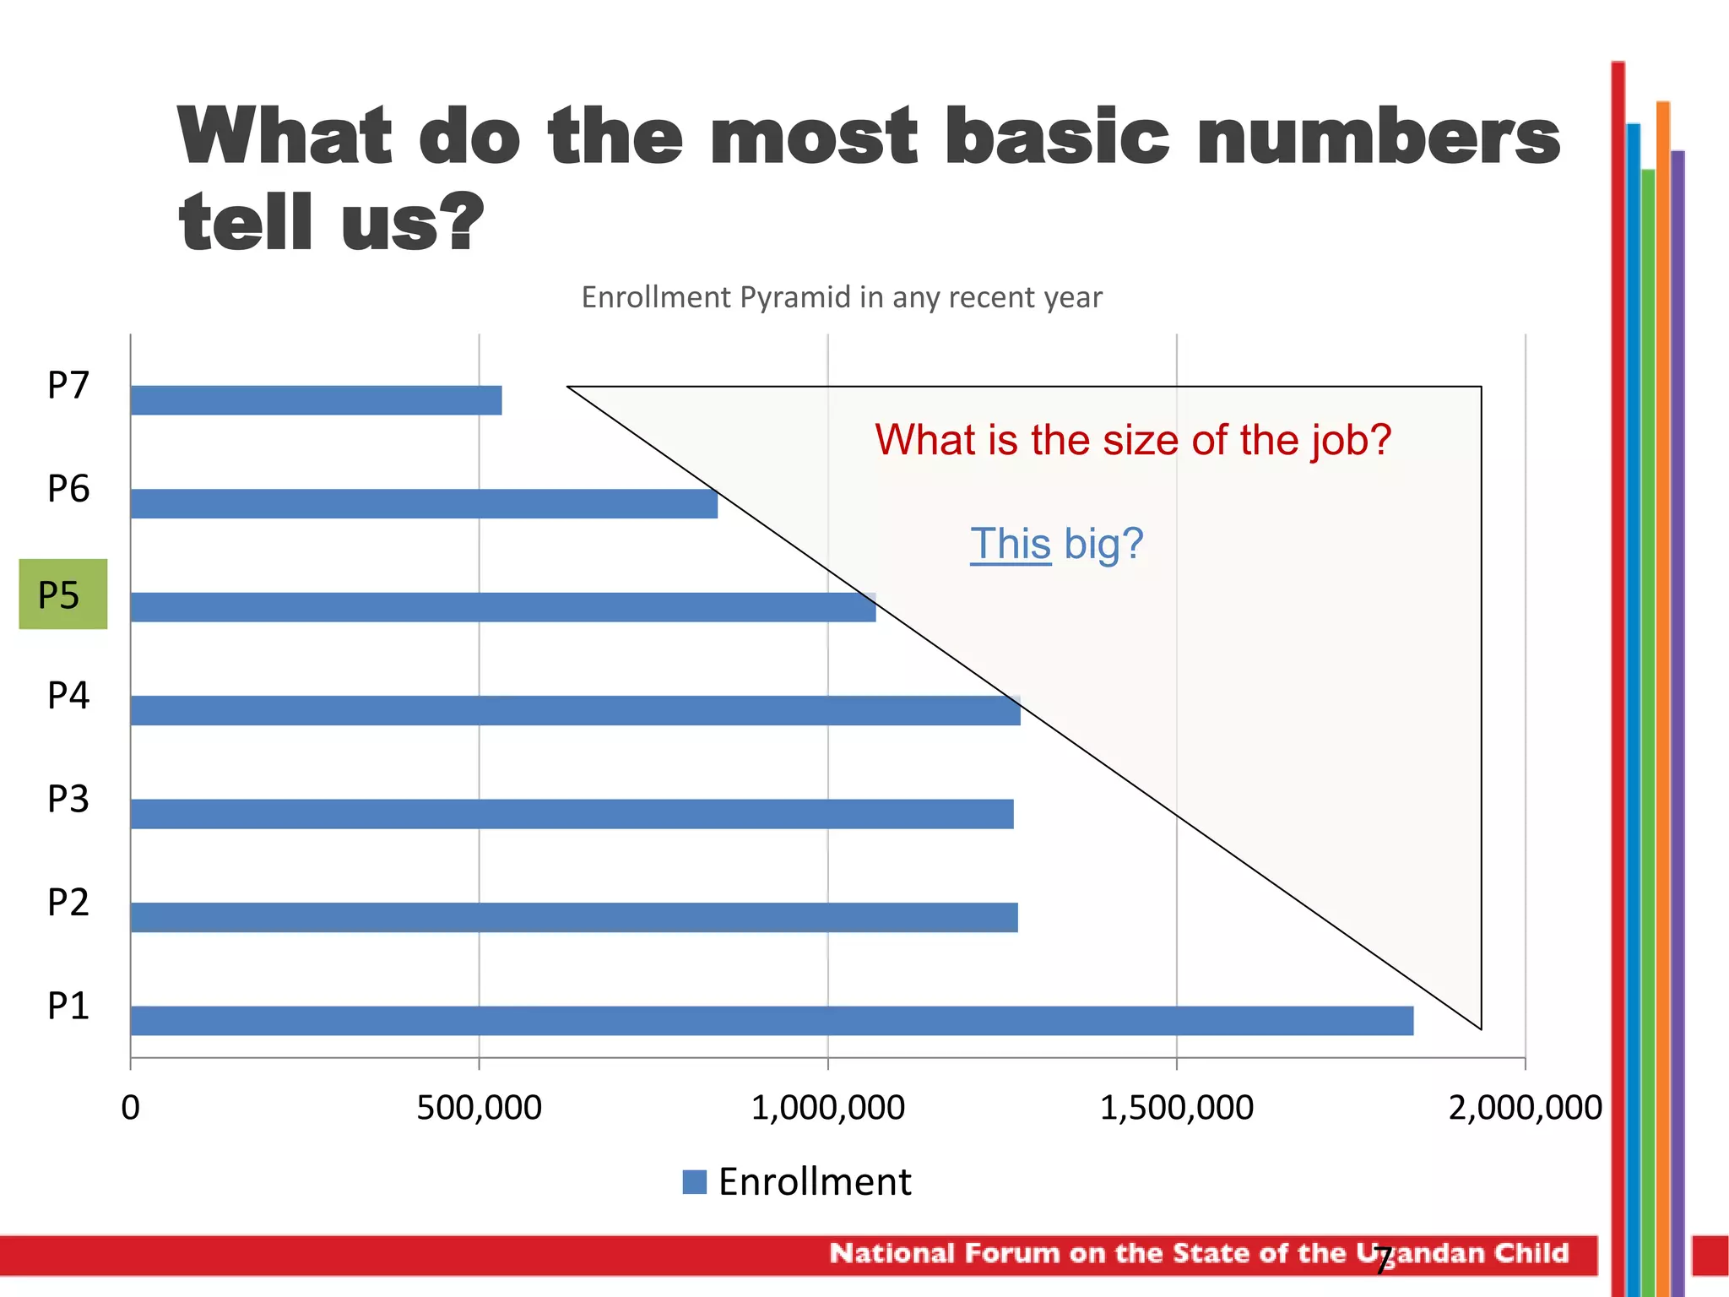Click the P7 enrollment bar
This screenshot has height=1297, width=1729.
click(316, 400)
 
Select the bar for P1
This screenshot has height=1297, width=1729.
click(772, 1020)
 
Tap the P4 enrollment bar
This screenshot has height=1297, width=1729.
click(574, 710)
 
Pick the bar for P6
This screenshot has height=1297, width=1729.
click(424, 504)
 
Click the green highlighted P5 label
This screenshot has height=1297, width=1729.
click(62, 594)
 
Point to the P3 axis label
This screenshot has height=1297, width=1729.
click(68, 799)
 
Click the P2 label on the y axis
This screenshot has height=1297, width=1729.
click(68, 903)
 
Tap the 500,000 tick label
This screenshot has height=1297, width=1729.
click(479, 1108)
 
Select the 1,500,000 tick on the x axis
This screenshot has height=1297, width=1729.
click(1176, 1108)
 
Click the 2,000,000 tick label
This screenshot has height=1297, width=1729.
click(1525, 1108)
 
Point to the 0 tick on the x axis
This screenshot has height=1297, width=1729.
click(130, 1108)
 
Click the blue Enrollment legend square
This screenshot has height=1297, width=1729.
click(694, 1181)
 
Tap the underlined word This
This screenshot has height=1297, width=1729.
click(1010, 544)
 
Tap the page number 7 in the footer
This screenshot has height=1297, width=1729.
click(1382, 1260)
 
